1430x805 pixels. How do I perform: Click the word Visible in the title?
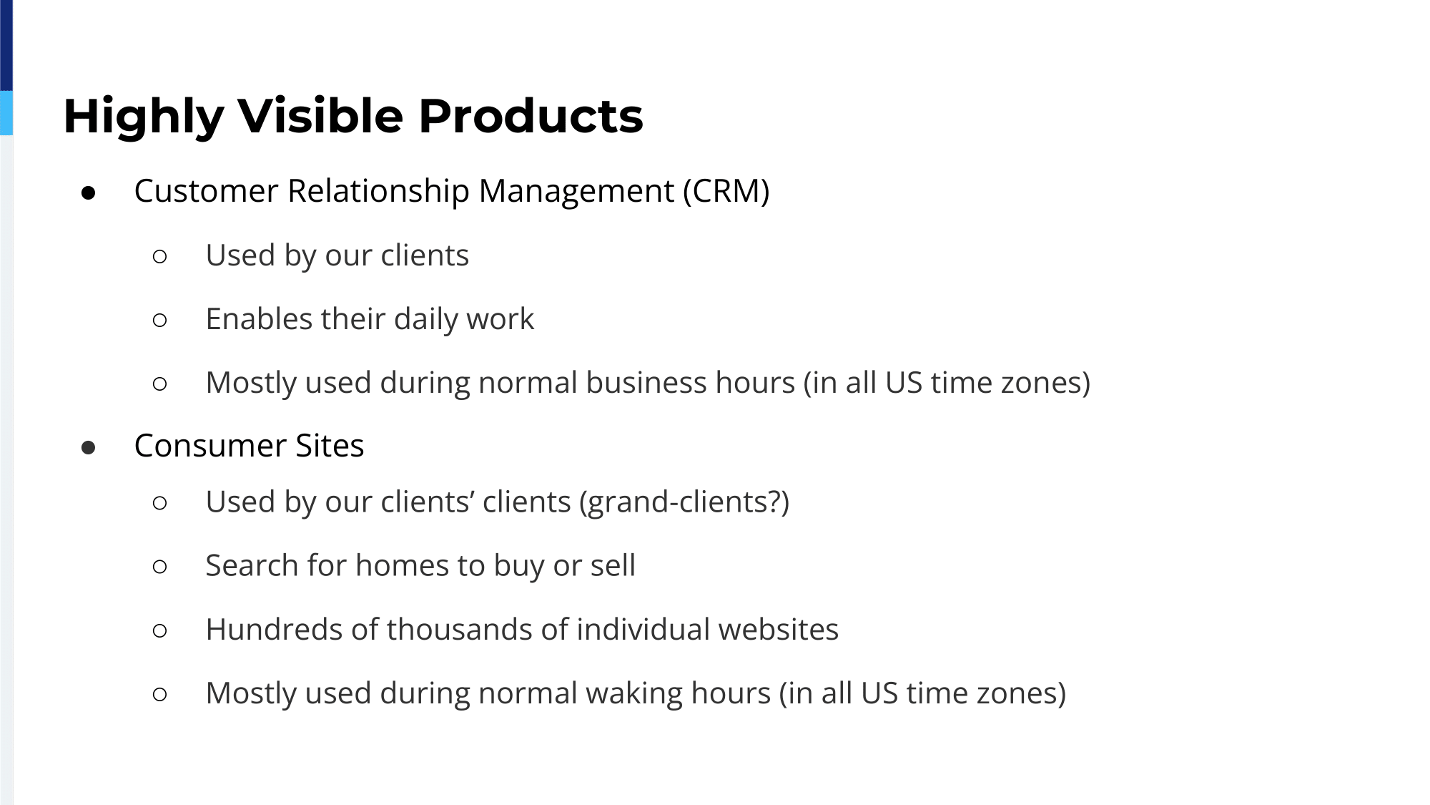click(x=320, y=115)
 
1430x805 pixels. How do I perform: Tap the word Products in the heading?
click(x=531, y=115)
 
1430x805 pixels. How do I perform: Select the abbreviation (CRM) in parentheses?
click(x=726, y=191)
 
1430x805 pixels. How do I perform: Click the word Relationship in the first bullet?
click(x=378, y=191)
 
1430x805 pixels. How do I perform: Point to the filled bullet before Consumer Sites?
click(x=89, y=448)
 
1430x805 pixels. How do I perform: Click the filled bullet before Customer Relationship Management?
click(x=89, y=193)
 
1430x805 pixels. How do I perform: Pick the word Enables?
click(x=259, y=318)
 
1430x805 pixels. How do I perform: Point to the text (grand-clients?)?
click(x=684, y=502)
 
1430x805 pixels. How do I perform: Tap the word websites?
click(x=778, y=629)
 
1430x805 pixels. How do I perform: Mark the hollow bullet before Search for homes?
click(x=160, y=567)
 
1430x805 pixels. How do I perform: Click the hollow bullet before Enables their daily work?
click(x=160, y=321)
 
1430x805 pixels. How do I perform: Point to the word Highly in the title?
click(x=143, y=117)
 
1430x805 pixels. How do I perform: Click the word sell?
click(x=613, y=565)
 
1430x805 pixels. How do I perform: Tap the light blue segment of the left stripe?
click(x=6, y=113)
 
